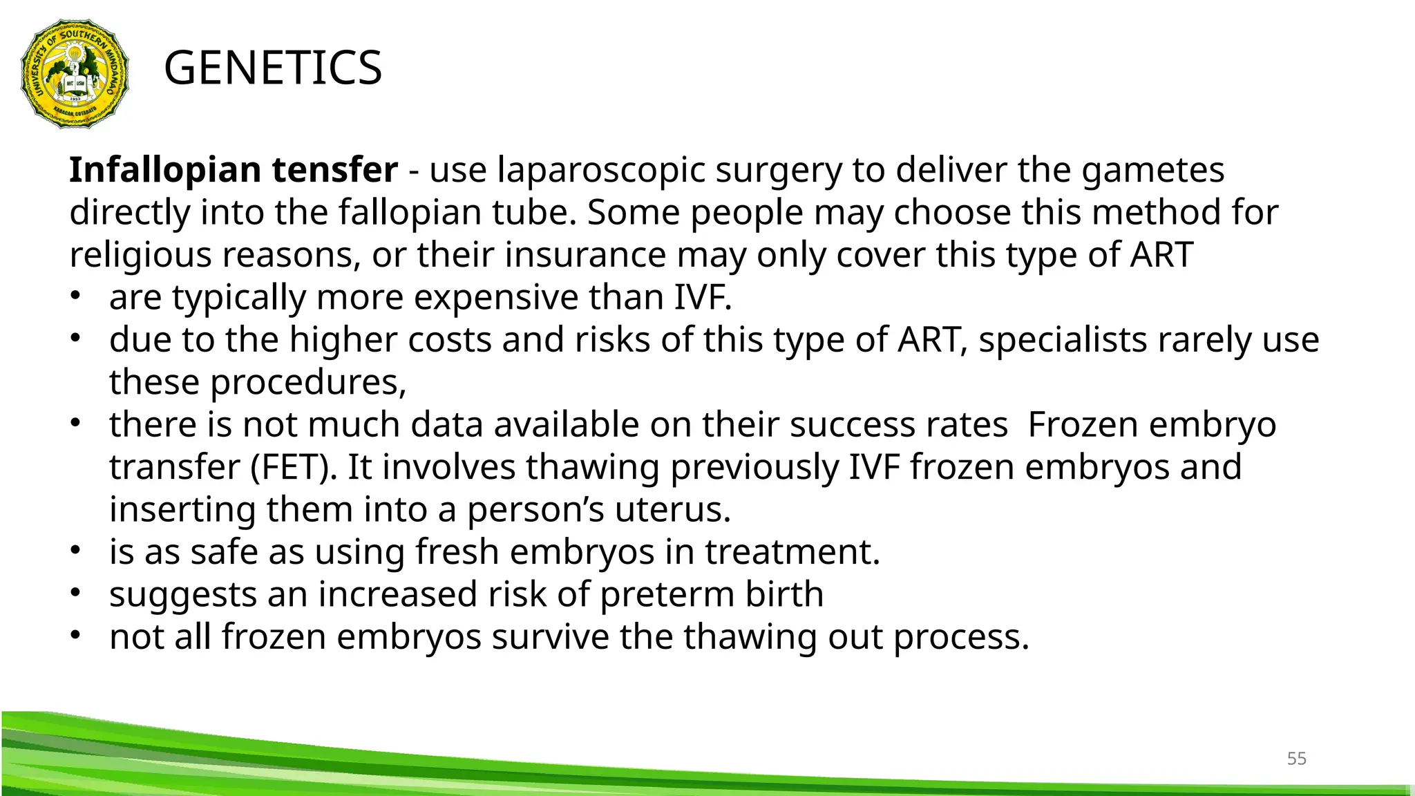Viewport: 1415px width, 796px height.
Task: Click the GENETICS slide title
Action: click(x=273, y=68)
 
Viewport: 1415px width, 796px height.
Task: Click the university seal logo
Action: click(x=75, y=73)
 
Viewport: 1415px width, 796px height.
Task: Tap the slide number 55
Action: click(x=1296, y=759)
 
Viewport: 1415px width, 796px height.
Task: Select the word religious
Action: click(x=140, y=256)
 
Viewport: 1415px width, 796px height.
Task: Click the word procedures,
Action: click(x=308, y=383)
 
